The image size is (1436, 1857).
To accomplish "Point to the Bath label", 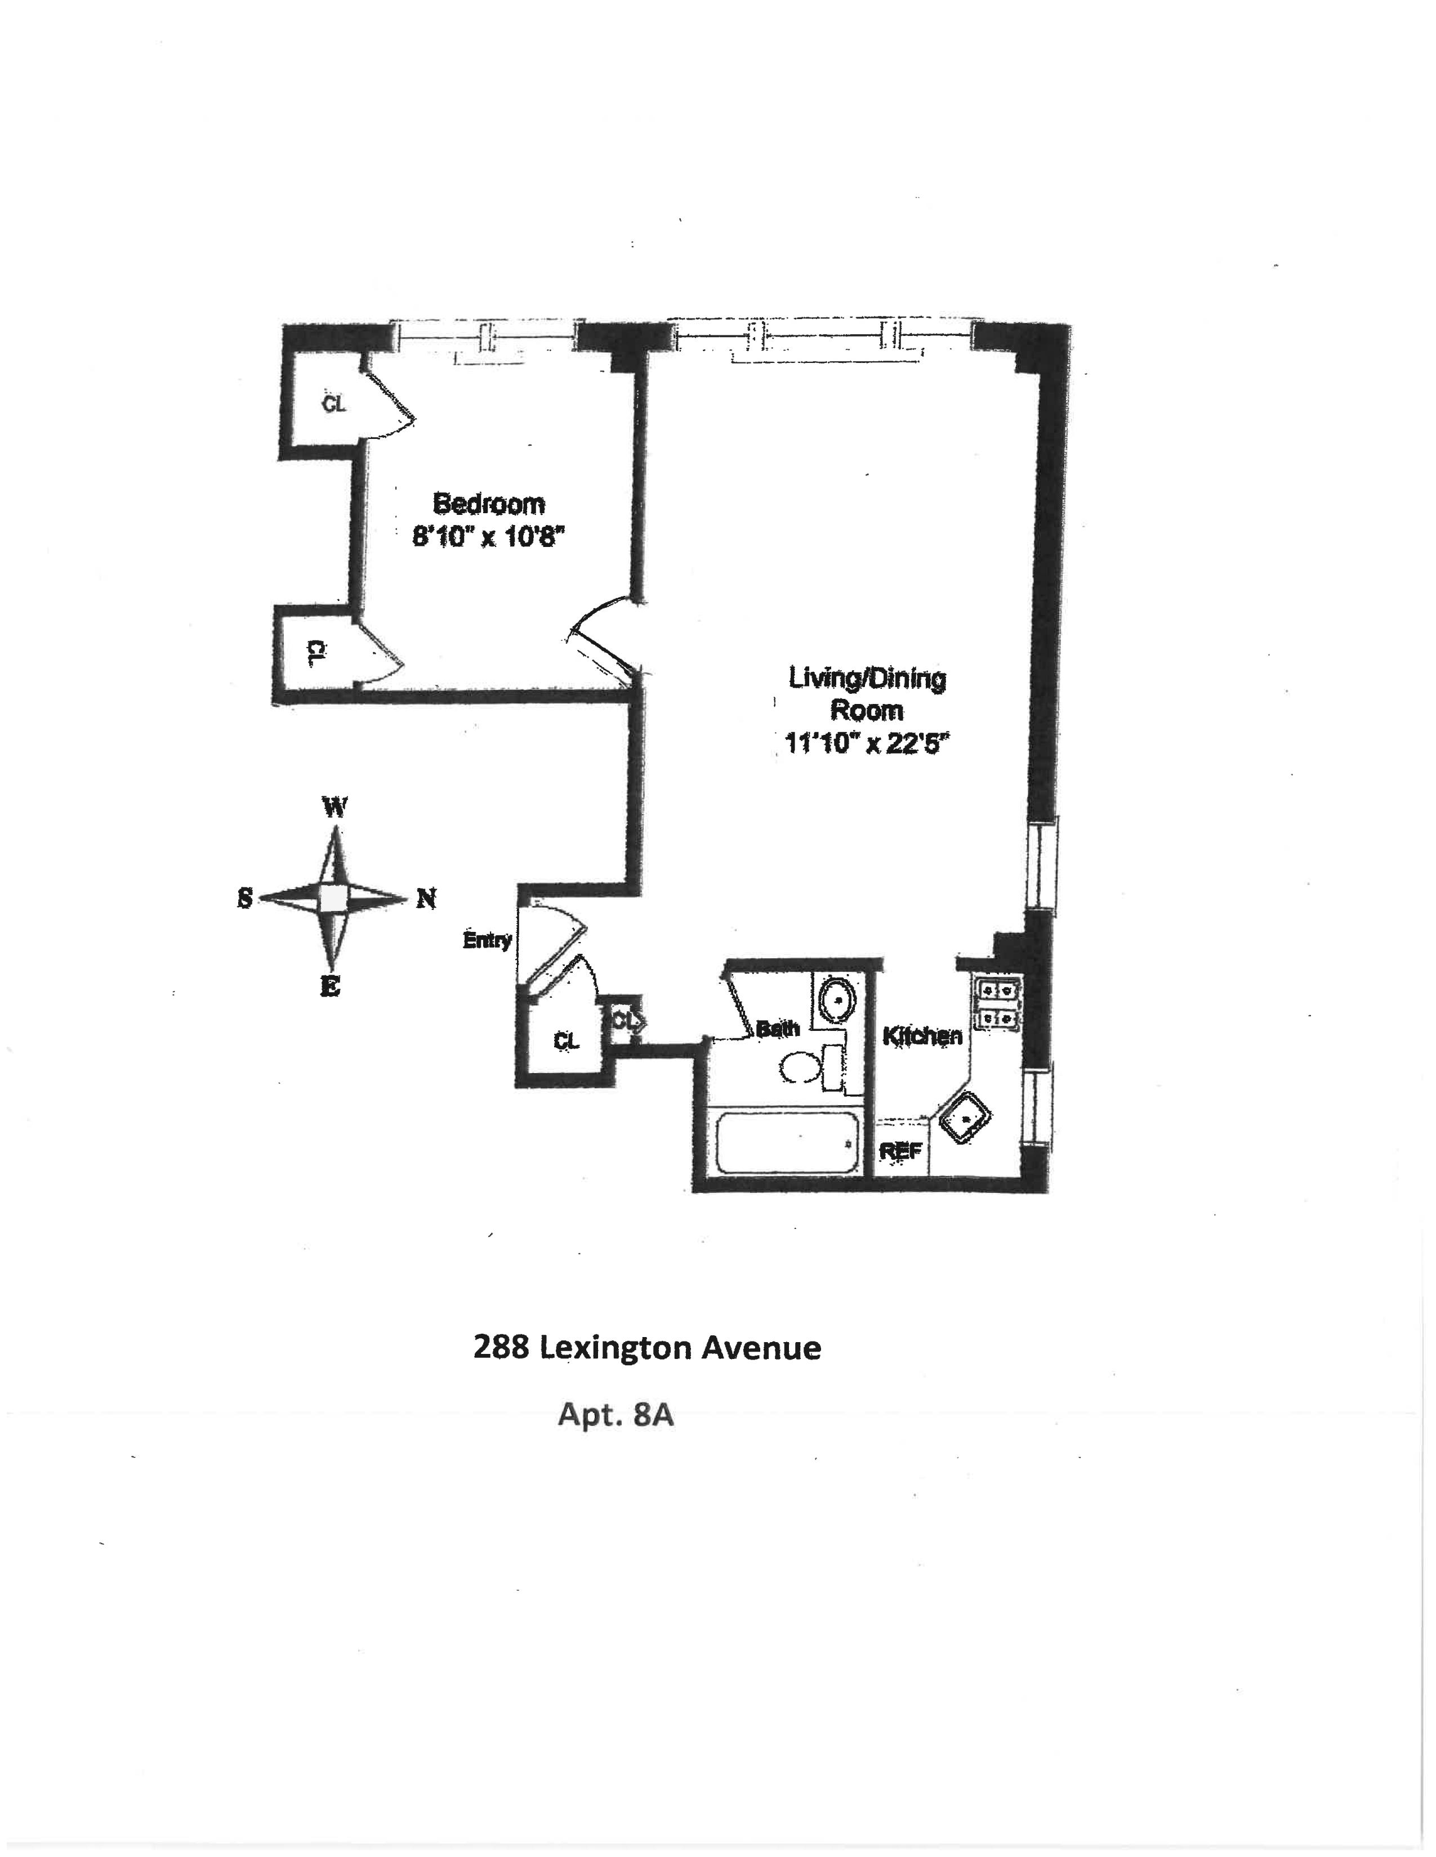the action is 778,1029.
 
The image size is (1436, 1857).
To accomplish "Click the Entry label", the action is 487,940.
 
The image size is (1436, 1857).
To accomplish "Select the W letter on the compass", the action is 335,807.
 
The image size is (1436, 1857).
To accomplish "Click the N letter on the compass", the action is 426,899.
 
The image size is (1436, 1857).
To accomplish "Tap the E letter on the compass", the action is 330,986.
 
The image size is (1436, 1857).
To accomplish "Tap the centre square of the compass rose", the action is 333,899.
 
